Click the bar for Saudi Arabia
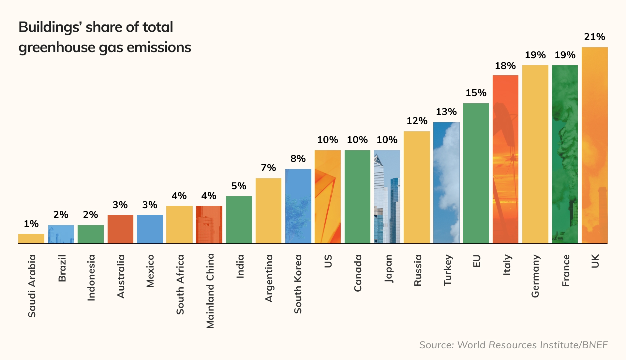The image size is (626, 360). point(31,238)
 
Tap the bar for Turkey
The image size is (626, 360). point(446,183)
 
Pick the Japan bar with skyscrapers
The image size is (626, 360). point(387,197)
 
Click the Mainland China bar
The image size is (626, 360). point(209,224)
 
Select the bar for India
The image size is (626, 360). point(239,220)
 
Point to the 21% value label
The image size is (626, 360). point(594,37)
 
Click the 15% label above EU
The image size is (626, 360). point(476,93)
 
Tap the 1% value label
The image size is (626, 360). point(31,224)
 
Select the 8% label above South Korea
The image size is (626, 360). point(298,159)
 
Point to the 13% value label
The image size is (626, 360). point(446,112)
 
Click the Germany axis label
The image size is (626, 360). point(535,276)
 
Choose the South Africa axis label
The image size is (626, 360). point(180,284)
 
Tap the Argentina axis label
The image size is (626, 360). point(269,279)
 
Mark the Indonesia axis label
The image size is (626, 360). point(91,278)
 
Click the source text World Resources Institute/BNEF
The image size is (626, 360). point(532,345)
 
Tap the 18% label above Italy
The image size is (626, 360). point(505,66)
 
